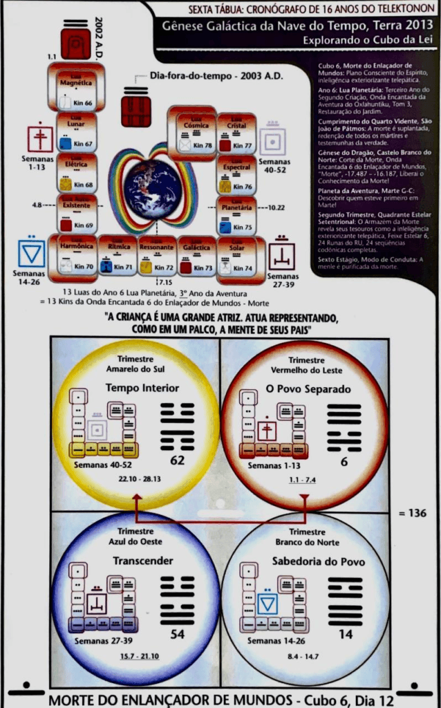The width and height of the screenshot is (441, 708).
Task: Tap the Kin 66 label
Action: click(x=83, y=104)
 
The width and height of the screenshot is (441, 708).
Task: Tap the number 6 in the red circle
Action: click(x=343, y=460)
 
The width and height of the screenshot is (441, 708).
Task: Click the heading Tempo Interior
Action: click(x=133, y=389)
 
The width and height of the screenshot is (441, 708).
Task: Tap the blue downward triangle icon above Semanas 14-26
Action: click(x=32, y=253)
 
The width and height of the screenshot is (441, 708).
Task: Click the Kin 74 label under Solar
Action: click(x=243, y=268)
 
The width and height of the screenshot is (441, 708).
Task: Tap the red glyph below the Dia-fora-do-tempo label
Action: click(x=135, y=111)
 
